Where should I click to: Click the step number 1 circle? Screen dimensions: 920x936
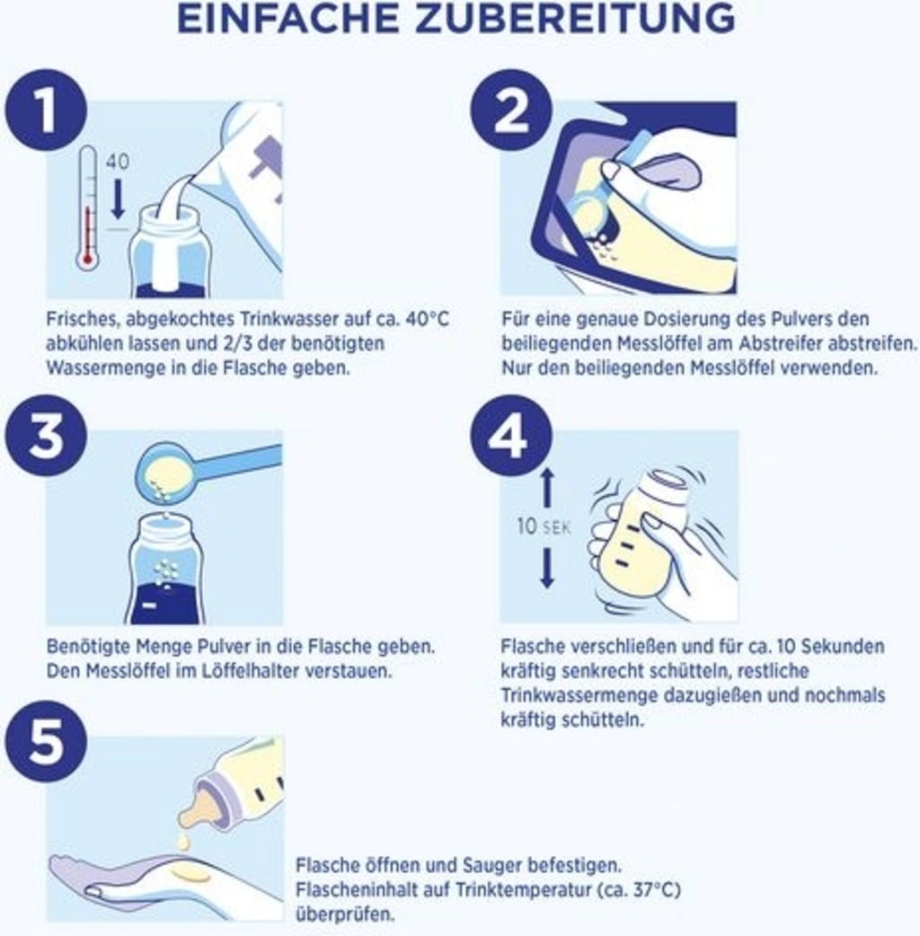tap(46, 110)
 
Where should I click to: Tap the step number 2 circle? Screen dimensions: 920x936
tap(511, 110)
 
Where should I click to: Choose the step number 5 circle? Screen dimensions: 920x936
tap(46, 742)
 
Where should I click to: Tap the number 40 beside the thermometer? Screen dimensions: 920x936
tap(117, 161)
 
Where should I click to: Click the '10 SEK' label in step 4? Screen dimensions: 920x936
tap(544, 526)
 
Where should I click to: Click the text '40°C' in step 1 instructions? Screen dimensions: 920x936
tap(427, 319)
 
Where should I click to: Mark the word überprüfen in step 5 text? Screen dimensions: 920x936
tap(345, 914)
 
